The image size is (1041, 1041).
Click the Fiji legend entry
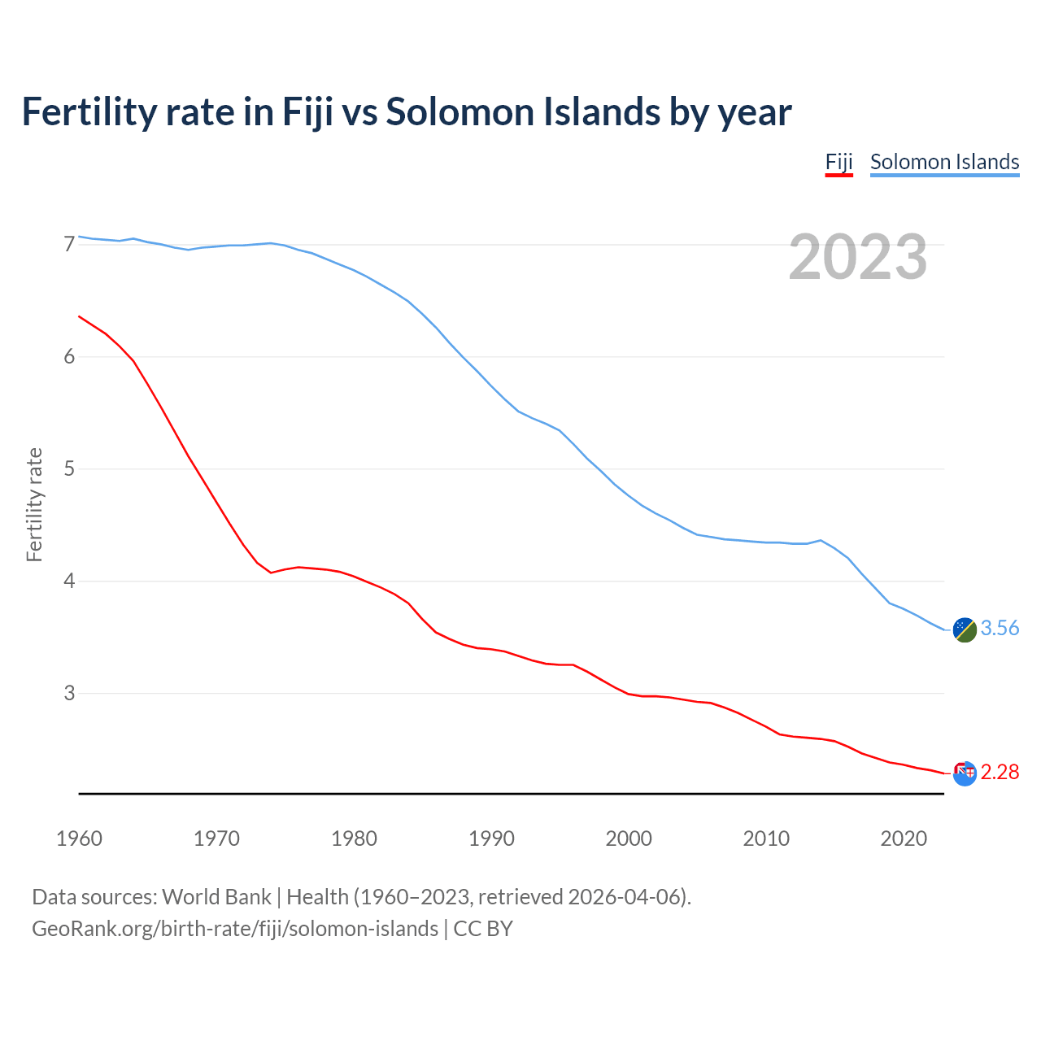(x=838, y=162)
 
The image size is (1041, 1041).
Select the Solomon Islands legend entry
(x=944, y=162)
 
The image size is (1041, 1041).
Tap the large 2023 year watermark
(x=857, y=257)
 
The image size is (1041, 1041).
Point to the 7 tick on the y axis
(x=69, y=244)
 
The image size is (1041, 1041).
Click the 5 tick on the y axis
(x=69, y=469)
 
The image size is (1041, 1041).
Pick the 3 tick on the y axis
(x=69, y=693)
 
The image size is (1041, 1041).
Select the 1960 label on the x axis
(x=79, y=838)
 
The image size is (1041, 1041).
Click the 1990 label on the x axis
(x=491, y=838)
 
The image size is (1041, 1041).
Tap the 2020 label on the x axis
(x=904, y=838)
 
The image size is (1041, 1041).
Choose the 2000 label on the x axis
(x=629, y=838)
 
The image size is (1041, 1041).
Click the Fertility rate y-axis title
(x=34, y=504)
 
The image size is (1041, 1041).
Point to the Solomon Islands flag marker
(x=965, y=629)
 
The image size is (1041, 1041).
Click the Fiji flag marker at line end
(x=965, y=773)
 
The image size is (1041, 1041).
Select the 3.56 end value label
(x=1000, y=629)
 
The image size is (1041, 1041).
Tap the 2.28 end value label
(x=1000, y=773)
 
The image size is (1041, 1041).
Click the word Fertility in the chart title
(x=89, y=111)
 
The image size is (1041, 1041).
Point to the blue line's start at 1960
(x=79, y=236)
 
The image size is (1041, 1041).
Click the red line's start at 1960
(x=79, y=316)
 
